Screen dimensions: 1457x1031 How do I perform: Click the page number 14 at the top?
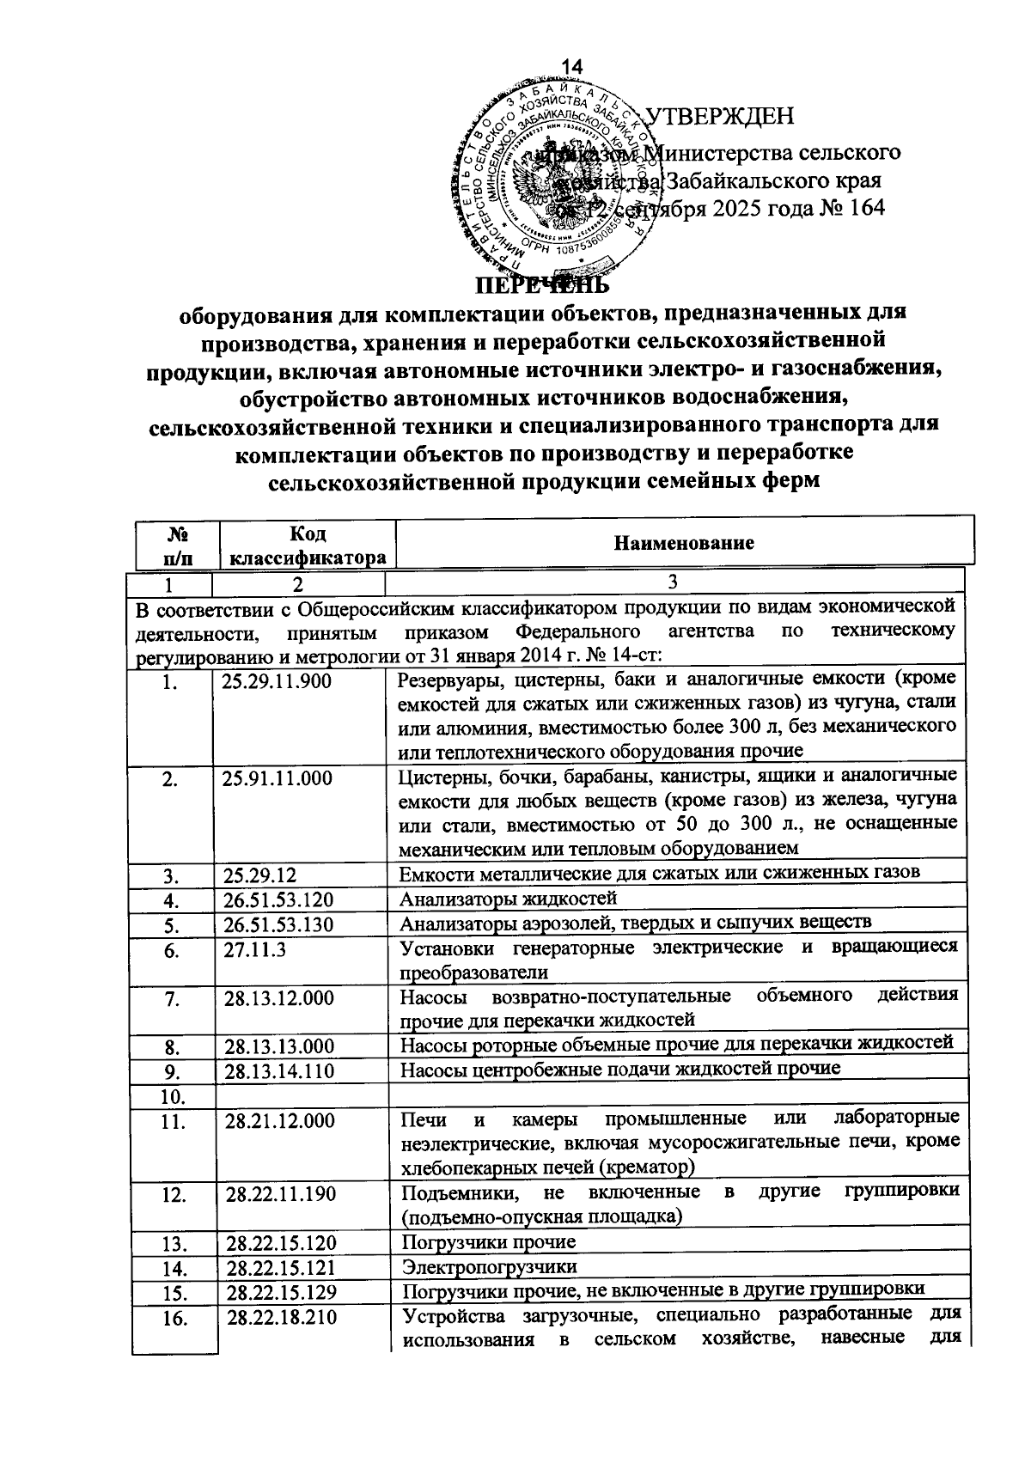(572, 67)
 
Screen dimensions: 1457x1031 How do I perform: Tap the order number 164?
(864, 209)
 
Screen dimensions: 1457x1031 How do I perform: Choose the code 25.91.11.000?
(278, 779)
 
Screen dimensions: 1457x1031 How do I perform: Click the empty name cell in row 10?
(674, 1095)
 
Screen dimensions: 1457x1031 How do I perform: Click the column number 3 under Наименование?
(673, 583)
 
